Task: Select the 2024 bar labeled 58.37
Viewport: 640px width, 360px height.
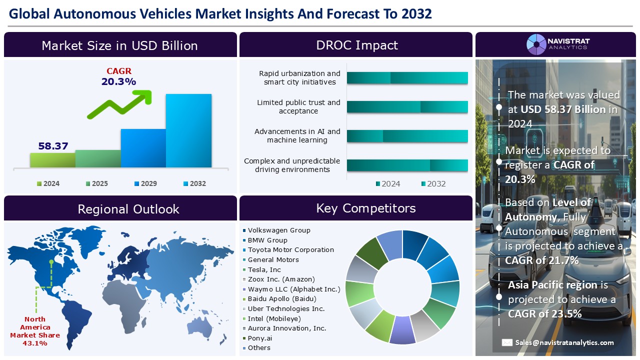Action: pos(52,159)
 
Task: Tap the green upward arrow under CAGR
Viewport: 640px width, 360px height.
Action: pos(120,104)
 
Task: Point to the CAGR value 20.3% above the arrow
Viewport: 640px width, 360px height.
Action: pos(118,81)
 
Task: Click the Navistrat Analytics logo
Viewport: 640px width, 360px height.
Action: pos(557,44)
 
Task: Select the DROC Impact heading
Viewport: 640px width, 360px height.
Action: pos(356,45)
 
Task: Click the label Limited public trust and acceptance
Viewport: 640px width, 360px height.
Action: pos(298,106)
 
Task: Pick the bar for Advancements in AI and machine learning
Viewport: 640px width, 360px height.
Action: pos(407,136)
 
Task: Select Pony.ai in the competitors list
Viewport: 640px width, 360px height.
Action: pos(259,338)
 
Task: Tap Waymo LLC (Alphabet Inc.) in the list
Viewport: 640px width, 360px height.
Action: pos(293,289)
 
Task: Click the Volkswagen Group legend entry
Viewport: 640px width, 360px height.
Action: pos(278,230)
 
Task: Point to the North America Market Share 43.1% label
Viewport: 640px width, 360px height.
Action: pos(35,331)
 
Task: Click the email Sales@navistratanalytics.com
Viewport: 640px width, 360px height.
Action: pos(564,342)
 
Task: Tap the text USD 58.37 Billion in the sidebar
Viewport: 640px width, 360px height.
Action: pos(563,109)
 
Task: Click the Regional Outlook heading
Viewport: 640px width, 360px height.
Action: pos(128,209)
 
